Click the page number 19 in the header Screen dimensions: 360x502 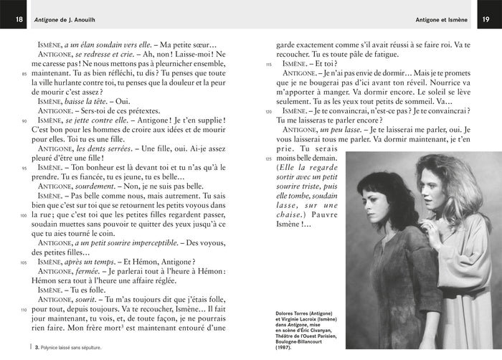487,19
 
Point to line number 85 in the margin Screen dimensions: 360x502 24,74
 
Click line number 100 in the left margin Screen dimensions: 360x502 24,214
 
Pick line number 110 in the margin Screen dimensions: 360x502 24,309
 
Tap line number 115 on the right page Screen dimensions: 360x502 269,65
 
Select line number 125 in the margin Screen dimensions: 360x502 269,158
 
